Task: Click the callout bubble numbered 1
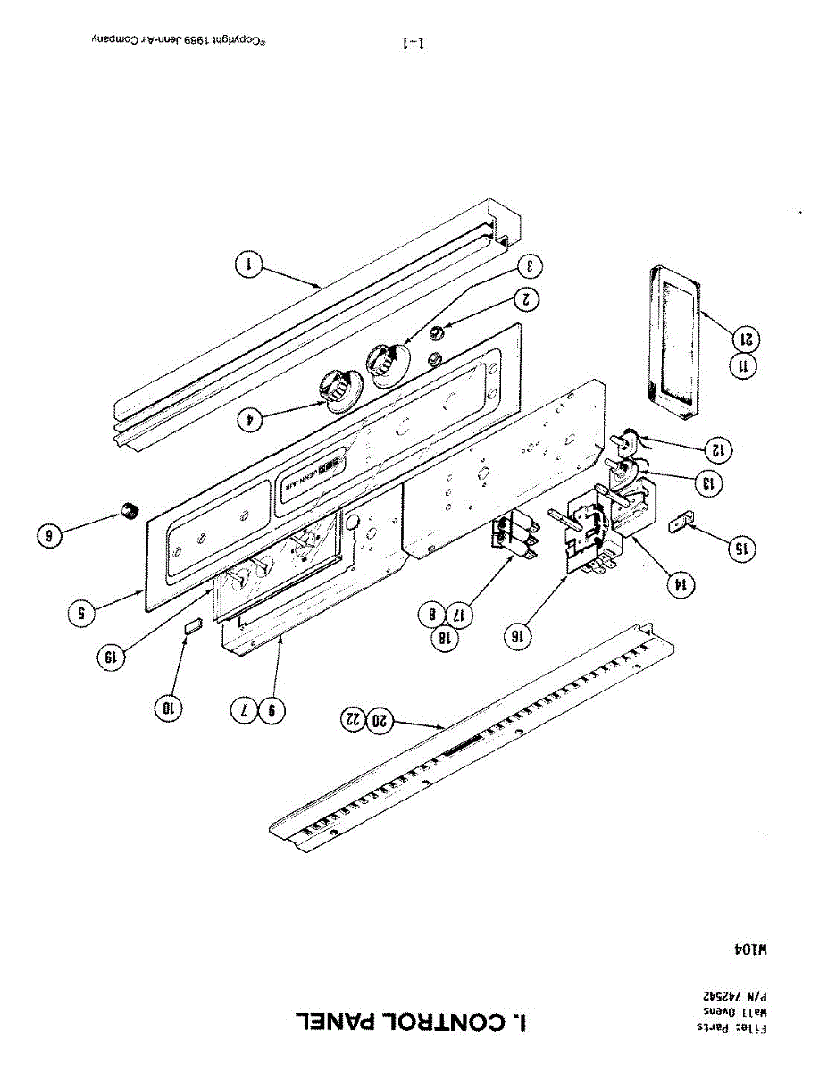(249, 264)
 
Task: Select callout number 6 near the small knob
(50, 536)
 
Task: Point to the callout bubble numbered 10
(167, 708)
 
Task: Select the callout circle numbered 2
(528, 300)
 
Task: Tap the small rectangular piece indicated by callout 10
(192, 629)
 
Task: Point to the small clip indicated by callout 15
(680, 521)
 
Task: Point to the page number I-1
(414, 42)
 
